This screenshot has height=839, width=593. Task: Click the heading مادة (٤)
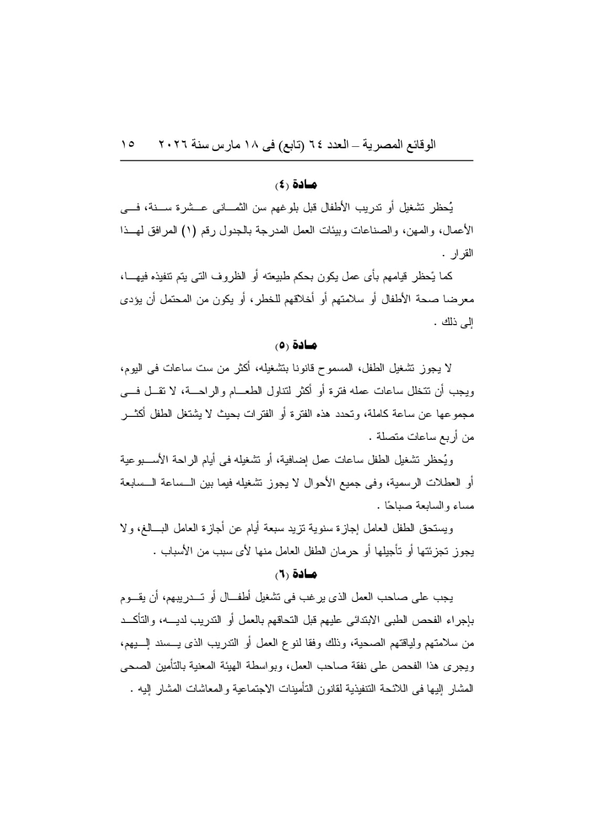coord(297,185)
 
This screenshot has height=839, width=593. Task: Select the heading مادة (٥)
coord(297,346)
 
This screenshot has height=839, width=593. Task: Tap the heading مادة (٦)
coord(297,574)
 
